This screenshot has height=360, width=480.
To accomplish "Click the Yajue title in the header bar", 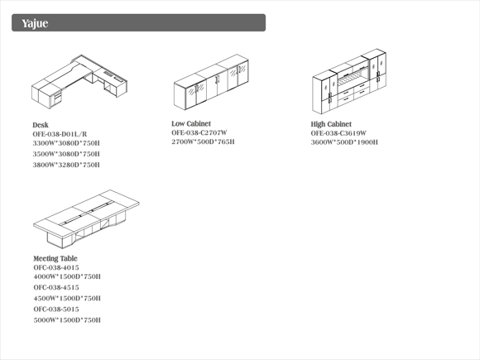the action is [x=35, y=23].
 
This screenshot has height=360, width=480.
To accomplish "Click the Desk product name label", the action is [x=41, y=125].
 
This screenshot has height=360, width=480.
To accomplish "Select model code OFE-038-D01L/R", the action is [x=60, y=134].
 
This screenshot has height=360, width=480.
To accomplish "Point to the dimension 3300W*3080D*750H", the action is [x=66, y=143].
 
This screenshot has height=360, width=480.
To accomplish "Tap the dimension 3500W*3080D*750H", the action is [x=66, y=154].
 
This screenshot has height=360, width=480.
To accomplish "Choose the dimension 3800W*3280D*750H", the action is [x=66, y=165].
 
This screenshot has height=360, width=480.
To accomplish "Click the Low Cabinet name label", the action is [x=191, y=123].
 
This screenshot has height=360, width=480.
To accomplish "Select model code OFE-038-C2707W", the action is [x=199, y=133].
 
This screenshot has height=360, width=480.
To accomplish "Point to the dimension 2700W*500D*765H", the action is [x=203, y=142].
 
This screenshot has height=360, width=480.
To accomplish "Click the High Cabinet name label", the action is [x=331, y=124].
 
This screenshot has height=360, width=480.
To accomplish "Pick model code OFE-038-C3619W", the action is [x=338, y=133].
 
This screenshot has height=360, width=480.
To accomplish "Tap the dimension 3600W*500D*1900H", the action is [x=344, y=142].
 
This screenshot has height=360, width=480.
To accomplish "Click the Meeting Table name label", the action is [x=55, y=259].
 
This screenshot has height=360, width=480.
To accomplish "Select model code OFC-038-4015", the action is [x=56, y=267].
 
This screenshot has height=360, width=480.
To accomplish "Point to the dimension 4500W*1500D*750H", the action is [x=67, y=299].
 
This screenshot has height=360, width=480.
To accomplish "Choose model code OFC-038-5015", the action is [x=56, y=310].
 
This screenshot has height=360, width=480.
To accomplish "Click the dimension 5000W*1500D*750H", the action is [x=67, y=320].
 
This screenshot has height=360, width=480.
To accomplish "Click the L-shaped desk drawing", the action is [x=79, y=81].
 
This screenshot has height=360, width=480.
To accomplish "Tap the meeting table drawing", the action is [x=86, y=218].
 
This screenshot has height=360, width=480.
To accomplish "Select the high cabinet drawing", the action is [x=349, y=81].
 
